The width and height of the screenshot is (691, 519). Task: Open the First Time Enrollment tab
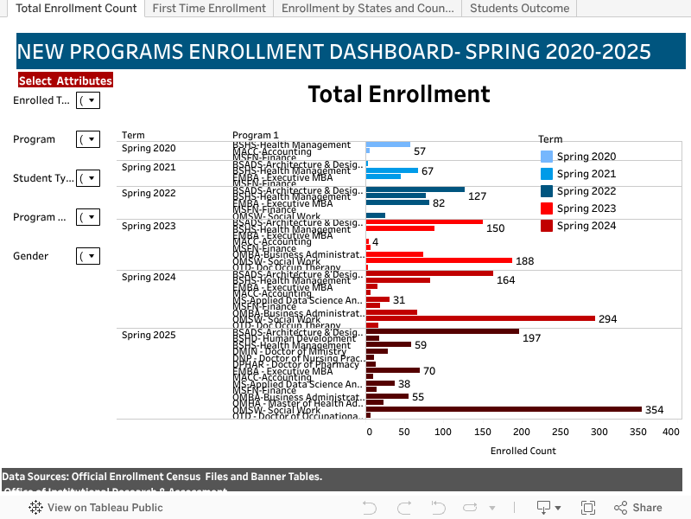(209, 9)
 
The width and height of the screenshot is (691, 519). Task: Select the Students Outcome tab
(519, 9)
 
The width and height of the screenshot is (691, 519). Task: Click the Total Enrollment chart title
(398, 93)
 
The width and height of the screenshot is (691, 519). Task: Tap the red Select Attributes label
(66, 80)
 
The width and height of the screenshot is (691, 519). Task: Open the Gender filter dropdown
(88, 256)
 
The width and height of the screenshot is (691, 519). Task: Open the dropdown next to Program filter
(88, 139)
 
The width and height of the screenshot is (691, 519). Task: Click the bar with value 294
(480, 318)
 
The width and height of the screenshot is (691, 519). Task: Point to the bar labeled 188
(439, 260)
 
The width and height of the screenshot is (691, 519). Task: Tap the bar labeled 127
(415, 189)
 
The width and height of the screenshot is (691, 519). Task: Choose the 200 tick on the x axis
(521, 432)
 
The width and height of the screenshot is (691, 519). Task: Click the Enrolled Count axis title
(523, 451)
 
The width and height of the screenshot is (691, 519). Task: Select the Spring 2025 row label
(149, 335)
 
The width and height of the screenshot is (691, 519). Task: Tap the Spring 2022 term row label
(149, 193)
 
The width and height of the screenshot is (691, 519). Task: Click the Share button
(638, 508)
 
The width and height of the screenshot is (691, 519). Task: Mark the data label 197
(531, 337)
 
